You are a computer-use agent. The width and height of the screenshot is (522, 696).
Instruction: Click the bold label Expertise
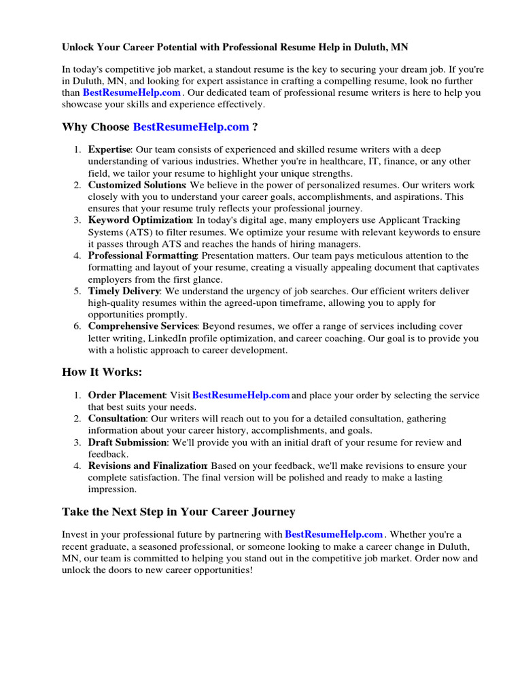(x=109, y=150)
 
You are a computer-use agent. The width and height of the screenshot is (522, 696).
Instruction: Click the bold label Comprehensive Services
(x=143, y=326)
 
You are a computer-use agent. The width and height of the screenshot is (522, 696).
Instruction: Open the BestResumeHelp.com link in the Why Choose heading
(x=191, y=127)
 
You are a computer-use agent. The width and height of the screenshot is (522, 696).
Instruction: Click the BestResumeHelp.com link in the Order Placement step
(x=241, y=396)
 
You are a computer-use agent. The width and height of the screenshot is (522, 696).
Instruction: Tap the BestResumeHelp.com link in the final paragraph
(x=334, y=534)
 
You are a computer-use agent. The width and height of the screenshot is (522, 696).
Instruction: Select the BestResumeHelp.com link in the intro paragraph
(x=132, y=92)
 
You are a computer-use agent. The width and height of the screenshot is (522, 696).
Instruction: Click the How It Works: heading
(x=103, y=372)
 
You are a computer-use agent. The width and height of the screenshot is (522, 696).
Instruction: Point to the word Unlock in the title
(x=78, y=48)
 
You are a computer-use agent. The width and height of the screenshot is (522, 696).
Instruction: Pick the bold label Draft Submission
(x=127, y=442)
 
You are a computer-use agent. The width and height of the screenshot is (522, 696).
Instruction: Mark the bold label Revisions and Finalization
(x=147, y=466)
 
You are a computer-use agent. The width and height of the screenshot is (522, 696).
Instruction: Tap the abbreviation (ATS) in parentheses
(x=130, y=232)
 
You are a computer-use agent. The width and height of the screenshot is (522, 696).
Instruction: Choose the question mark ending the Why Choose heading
(x=255, y=127)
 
